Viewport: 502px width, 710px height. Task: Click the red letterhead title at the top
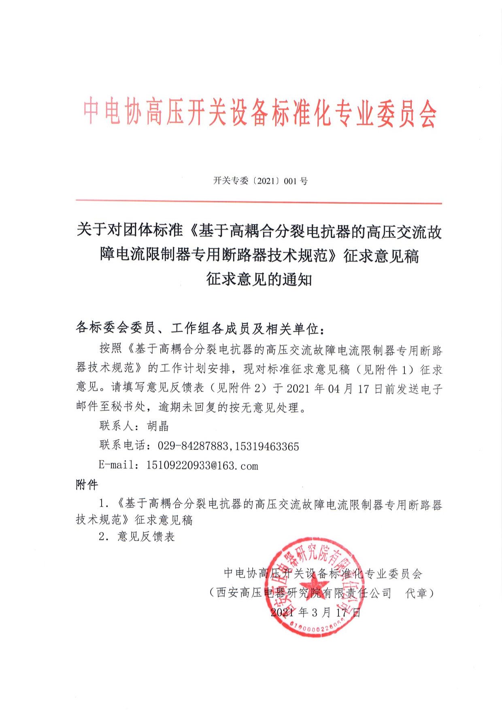260,112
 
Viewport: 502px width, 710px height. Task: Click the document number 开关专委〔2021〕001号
260,181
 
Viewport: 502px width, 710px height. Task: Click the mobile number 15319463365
266,446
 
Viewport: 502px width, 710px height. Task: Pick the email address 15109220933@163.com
202,465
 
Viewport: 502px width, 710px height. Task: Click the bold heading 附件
87,484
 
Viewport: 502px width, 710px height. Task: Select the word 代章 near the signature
417,593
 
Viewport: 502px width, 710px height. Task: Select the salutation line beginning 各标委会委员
200,328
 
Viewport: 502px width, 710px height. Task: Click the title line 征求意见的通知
259,279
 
